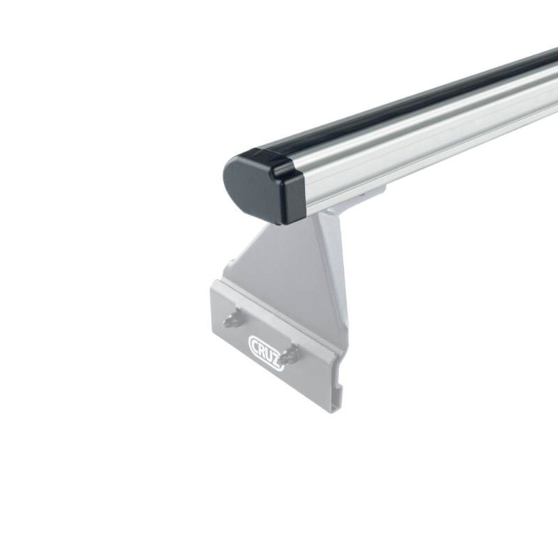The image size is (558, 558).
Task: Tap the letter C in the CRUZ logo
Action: tap(255, 342)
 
